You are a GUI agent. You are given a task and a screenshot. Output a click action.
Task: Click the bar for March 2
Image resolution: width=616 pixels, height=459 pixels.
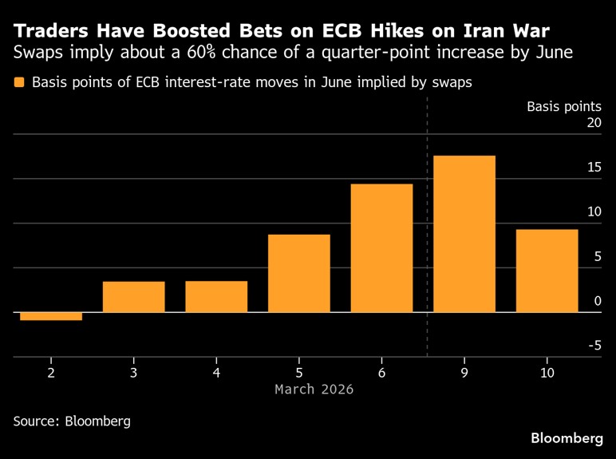[51, 316]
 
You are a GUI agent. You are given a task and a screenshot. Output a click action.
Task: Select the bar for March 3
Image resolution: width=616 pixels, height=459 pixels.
[134, 296]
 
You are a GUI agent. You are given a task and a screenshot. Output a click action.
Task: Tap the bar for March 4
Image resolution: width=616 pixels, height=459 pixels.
[216, 296]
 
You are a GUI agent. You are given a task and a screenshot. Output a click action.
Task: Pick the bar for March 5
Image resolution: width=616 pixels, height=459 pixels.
[299, 273]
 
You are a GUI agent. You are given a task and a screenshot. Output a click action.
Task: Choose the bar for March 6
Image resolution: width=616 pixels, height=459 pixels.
[382, 247]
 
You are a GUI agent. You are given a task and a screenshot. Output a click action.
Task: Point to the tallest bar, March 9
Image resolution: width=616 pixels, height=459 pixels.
[464, 233]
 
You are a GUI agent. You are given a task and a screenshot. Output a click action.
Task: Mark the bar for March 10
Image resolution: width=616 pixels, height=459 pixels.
[547, 271]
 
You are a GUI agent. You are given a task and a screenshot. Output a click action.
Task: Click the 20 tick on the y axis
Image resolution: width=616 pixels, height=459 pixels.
[593, 123]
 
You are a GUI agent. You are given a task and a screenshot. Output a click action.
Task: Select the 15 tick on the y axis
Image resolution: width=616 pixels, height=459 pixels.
[593, 168]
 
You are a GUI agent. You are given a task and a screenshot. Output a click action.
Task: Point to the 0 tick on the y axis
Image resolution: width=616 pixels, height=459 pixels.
[596, 301]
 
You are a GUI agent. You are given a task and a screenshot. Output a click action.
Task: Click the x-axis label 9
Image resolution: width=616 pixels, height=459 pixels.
[464, 373]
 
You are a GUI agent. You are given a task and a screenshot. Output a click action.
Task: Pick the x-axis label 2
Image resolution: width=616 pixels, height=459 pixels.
[51, 373]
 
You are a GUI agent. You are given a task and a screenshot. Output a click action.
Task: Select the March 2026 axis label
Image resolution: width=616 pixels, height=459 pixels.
[314, 390]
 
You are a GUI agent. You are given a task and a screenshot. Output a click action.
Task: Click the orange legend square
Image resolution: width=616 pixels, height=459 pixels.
[19, 82]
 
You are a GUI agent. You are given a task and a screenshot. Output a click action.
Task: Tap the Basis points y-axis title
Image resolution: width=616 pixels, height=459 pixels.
[563, 106]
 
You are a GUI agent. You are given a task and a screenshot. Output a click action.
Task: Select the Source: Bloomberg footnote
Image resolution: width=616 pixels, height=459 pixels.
[72, 420]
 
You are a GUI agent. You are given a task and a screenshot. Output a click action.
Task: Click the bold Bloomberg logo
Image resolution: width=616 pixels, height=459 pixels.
[567, 438]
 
